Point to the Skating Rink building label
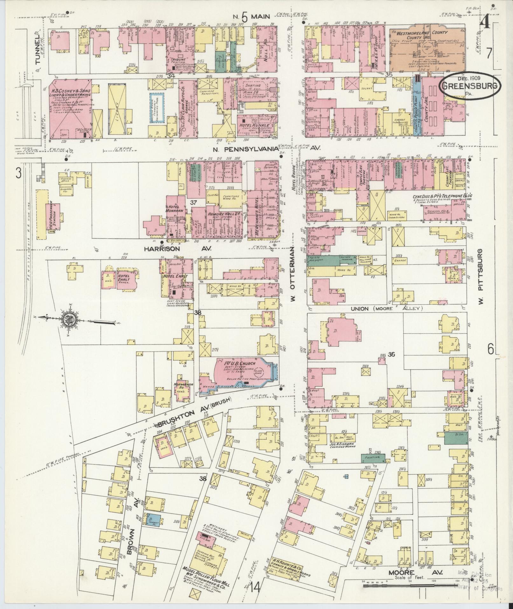(x=253, y=87)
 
